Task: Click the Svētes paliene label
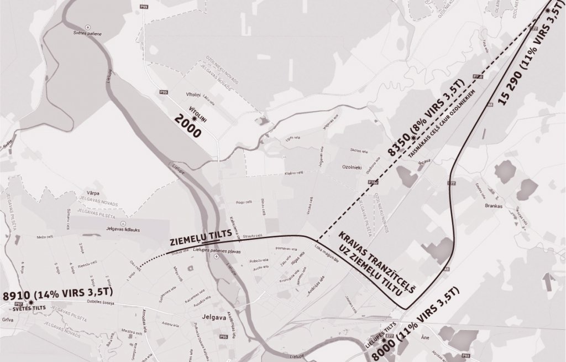tap(98, 33)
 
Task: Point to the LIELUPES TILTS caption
tap(381, 334)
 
